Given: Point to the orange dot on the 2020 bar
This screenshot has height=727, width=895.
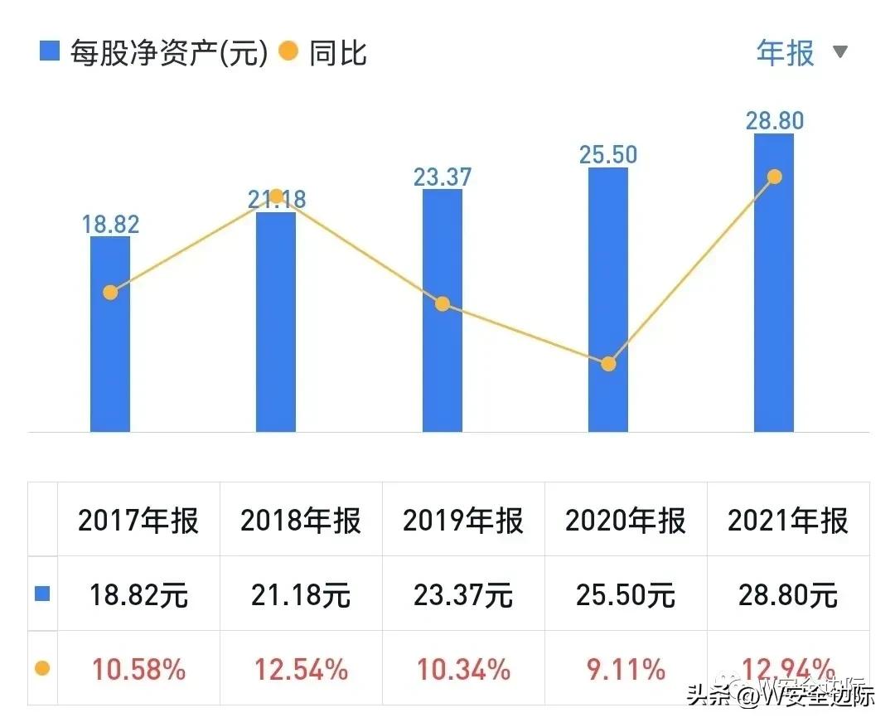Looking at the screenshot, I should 608,364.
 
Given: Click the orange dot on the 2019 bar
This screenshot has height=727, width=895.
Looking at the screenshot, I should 443,304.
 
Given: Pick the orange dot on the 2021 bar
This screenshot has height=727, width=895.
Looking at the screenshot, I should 774,177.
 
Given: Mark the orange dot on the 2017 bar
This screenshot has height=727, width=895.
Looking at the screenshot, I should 110,292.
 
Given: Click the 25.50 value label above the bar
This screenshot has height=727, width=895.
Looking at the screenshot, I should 608,154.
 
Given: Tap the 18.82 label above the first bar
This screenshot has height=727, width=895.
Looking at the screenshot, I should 110,224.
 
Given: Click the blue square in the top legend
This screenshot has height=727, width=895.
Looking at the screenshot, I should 50,52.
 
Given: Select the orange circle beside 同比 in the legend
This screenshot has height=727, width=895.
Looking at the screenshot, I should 288,52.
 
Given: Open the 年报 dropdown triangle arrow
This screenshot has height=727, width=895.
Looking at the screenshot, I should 840,52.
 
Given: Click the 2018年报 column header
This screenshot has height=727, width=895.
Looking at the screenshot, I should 301,521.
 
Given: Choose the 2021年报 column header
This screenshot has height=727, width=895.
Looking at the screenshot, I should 788,521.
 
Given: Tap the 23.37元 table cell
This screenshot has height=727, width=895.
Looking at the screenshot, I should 463,594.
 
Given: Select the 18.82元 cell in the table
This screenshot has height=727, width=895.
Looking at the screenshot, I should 138,594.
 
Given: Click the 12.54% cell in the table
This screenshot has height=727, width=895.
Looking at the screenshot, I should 301,669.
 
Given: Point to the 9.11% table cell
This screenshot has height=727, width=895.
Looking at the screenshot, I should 626,669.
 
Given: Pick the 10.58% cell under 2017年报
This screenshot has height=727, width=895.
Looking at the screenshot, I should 138,669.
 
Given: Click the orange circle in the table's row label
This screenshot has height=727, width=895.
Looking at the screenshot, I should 42,668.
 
